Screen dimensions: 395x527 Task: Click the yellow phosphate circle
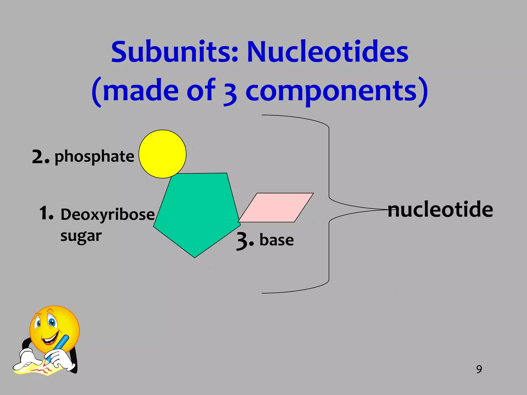[x=162, y=154]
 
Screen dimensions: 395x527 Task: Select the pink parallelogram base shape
[x=276, y=208]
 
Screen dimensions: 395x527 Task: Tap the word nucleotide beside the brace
[x=440, y=210]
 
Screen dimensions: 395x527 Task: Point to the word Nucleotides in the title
[x=327, y=52]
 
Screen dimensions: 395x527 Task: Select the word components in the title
[x=331, y=91]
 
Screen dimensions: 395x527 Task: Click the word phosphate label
[x=94, y=157]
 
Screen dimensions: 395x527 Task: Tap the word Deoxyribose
[x=108, y=214]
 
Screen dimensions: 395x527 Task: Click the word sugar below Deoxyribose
[x=81, y=236]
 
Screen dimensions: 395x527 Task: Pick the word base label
[x=276, y=240]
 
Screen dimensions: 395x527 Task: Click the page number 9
[x=479, y=369]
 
